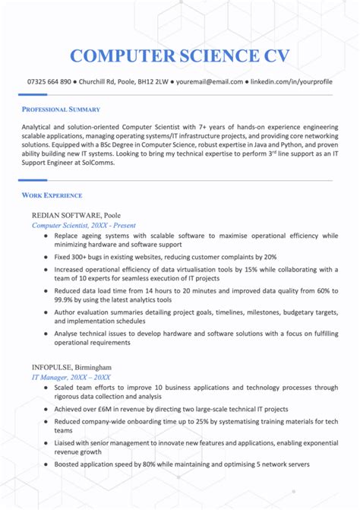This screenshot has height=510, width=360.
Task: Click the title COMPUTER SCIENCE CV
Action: point(179,55)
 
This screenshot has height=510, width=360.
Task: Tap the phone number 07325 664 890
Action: point(49,81)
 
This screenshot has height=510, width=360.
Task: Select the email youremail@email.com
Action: point(210,81)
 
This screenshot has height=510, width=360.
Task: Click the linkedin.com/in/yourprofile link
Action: point(292,81)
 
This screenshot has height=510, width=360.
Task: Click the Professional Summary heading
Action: point(61,109)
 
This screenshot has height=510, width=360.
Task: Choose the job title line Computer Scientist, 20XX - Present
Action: point(83,226)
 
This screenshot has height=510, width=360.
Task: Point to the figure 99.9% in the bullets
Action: point(67,300)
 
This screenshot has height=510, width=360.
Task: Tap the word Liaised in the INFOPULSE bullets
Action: point(67,464)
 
